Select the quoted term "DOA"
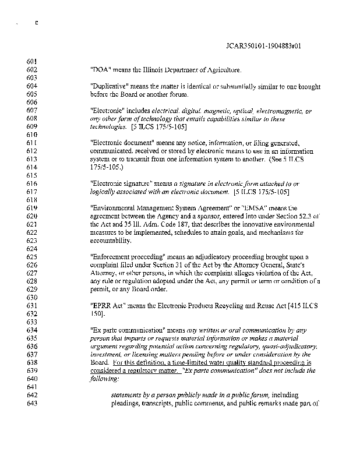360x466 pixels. pos(100,70)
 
